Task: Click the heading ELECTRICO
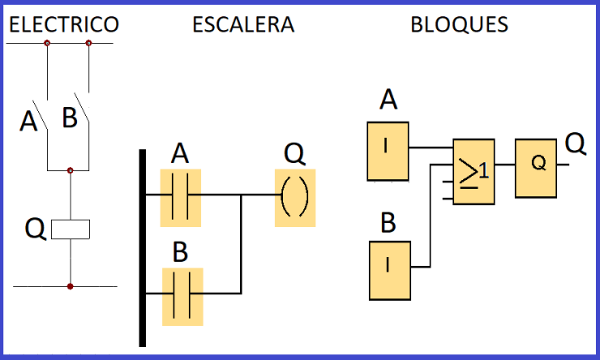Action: [64, 25]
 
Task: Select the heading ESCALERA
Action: [242, 25]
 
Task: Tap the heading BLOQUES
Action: [459, 25]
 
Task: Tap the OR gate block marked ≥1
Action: [473, 170]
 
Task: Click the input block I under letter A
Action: [388, 151]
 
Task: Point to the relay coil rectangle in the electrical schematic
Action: [71, 229]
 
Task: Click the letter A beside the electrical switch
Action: [29, 122]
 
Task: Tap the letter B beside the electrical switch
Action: [70, 118]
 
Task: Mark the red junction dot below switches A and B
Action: [71, 170]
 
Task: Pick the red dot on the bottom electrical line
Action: [71, 286]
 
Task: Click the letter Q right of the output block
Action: [575, 144]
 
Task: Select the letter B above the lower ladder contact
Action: [180, 252]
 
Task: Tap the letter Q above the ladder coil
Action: [294, 153]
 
